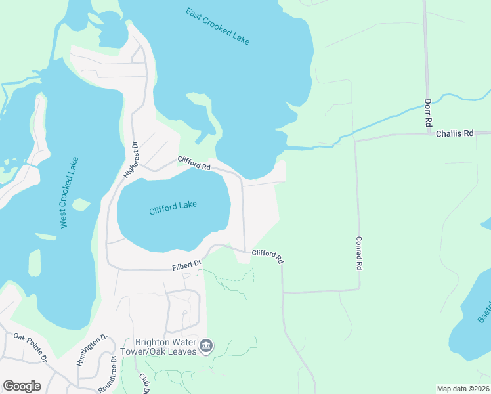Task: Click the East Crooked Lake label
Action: pos(217,26)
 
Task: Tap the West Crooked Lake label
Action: pos(69,192)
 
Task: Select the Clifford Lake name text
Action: pos(173,207)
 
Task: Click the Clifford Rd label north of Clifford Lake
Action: pos(194,164)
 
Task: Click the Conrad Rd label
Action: pos(360,253)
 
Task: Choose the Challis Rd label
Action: pos(455,133)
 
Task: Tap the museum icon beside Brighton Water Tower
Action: pos(207,346)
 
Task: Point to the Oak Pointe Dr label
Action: pos(30,346)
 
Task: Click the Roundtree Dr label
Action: pos(108,375)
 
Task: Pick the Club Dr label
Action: pos(143,383)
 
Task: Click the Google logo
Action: pos(22,385)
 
